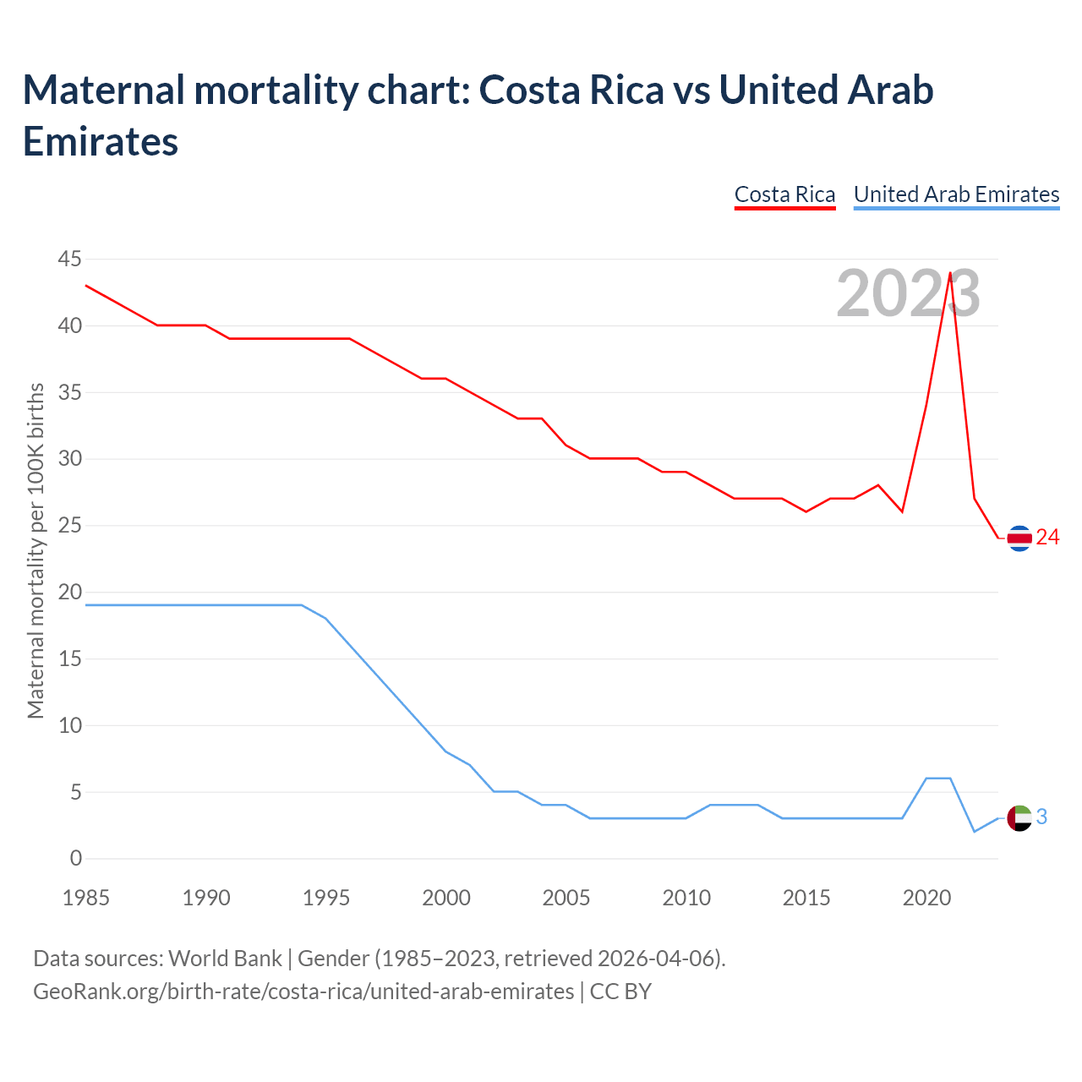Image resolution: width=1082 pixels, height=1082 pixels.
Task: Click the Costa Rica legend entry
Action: (x=784, y=194)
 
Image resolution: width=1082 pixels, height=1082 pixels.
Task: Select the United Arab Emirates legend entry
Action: (x=956, y=194)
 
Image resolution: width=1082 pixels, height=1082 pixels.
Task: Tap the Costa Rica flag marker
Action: (x=1019, y=538)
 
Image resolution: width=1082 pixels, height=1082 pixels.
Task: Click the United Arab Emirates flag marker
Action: (x=1019, y=818)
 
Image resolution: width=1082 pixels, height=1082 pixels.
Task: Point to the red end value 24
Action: (x=1047, y=538)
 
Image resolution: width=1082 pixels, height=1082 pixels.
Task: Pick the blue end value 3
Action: (x=1041, y=817)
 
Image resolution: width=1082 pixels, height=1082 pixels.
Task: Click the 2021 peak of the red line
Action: (x=950, y=273)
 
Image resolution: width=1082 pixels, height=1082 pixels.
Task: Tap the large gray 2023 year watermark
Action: (x=908, y=294)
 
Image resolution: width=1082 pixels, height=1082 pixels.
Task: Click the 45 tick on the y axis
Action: (x=70, y=260)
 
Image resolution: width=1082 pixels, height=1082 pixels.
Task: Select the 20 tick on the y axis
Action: (x=70, y=593)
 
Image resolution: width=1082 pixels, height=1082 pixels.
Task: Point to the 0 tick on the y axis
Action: (x=76, y=859)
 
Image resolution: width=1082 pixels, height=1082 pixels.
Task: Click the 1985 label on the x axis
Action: (x=86, y=898)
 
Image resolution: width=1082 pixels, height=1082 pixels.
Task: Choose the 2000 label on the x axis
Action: (x=446, y=898)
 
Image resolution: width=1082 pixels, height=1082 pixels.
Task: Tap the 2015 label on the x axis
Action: (x=806, y=898)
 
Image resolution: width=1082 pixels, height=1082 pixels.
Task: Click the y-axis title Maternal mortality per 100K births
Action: (x=36, y=551)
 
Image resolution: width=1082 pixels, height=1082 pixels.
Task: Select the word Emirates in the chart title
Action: (x=101, y=142)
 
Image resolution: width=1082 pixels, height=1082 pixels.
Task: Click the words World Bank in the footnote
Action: (x=225, y=959)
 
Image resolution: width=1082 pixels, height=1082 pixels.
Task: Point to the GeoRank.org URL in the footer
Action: (x=303, y=992)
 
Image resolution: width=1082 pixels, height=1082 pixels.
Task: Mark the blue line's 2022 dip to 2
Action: (x=974, y=832)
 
